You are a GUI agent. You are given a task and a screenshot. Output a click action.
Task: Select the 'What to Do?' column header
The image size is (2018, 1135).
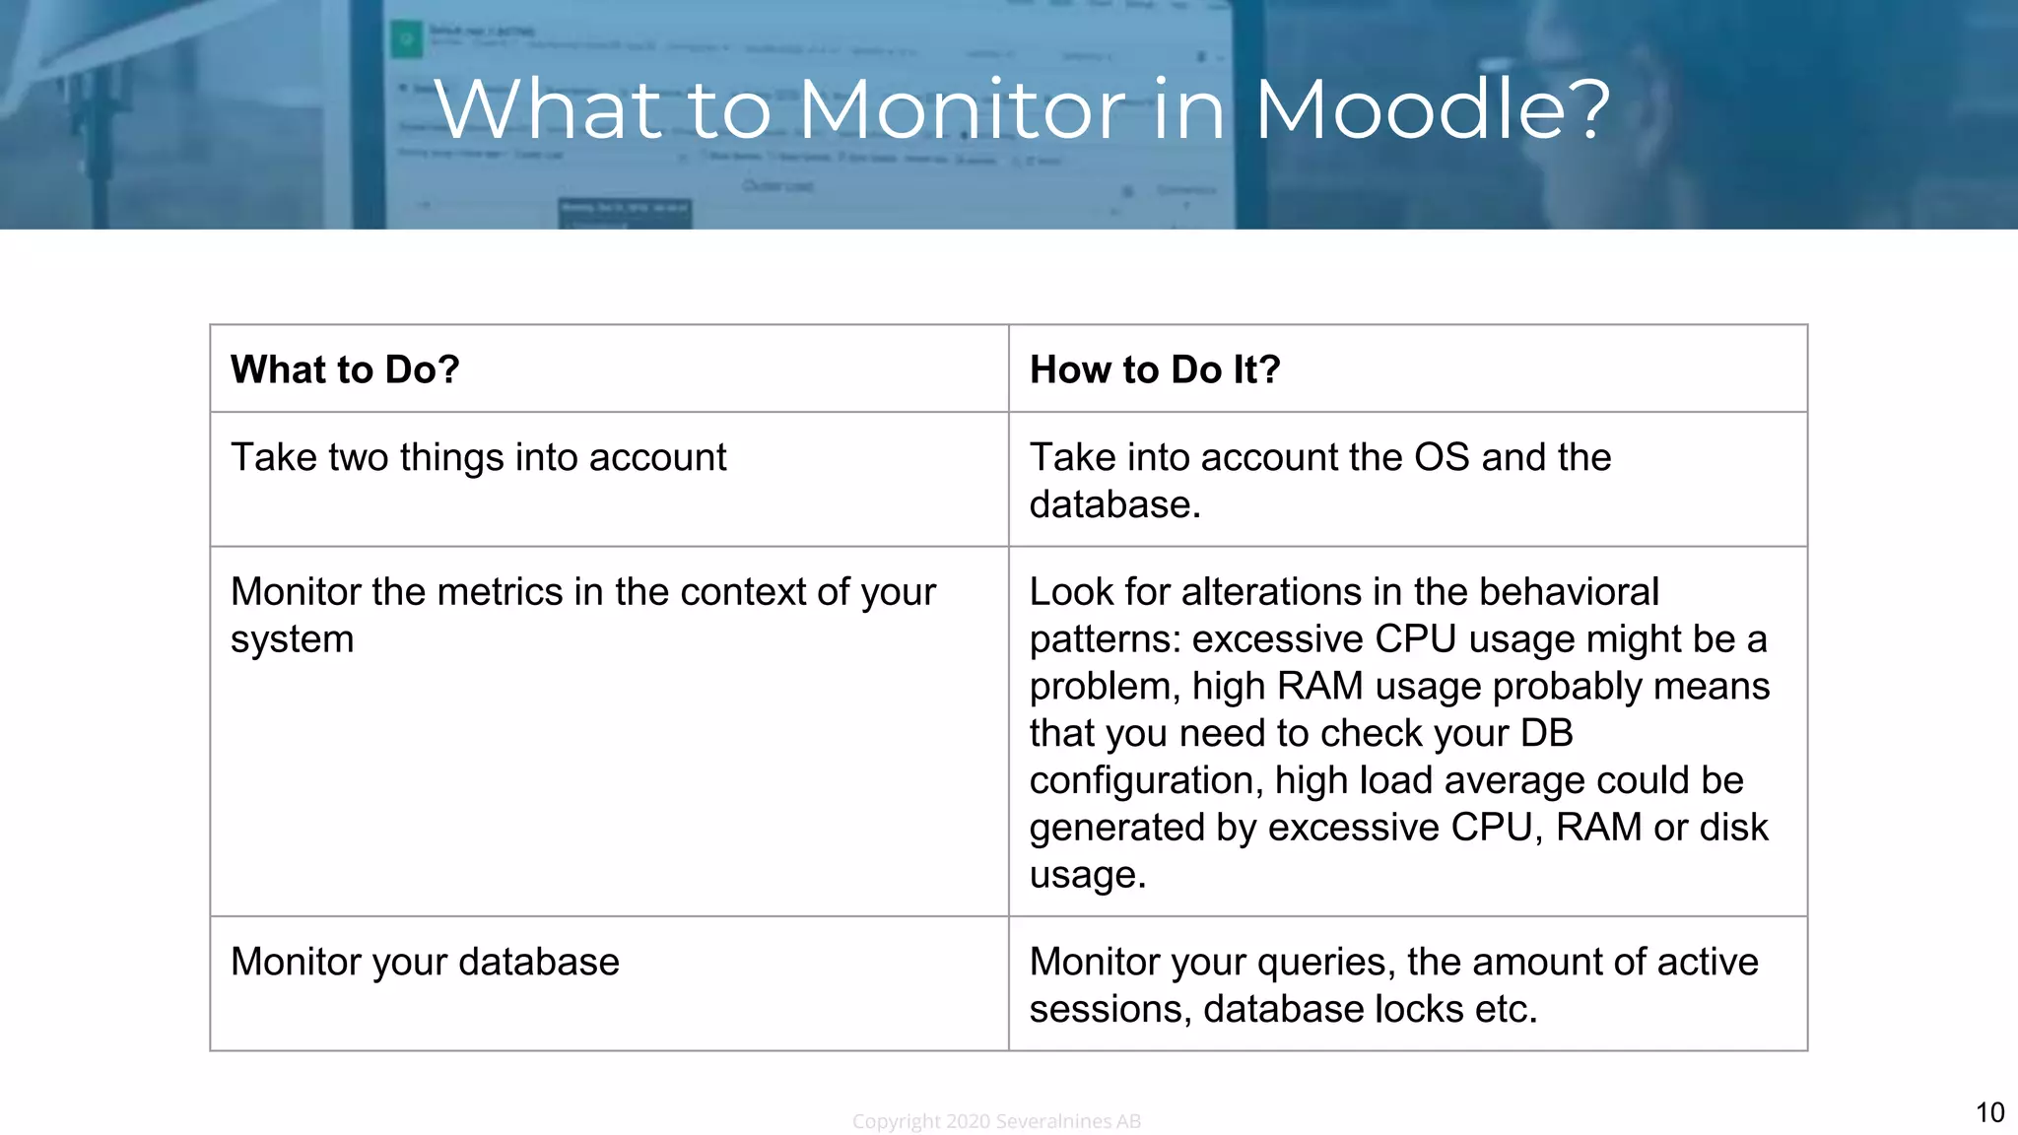[345, 369]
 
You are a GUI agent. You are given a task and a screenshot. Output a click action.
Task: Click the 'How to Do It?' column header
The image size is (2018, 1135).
[1155, 369]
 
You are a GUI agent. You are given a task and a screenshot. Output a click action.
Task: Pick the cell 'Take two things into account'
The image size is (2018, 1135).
[478, 458]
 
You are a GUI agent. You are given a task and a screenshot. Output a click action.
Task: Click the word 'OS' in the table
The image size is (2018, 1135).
[1441, 458]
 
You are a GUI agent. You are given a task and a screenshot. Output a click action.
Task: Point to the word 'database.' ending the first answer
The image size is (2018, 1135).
[1114, 505]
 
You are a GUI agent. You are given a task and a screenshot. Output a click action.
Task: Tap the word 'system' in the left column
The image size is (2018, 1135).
[292, 639]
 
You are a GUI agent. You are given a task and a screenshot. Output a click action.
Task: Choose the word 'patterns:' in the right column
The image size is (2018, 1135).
[1105, 639]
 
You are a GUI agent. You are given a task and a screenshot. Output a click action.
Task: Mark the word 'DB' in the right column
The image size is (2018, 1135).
[1546, 734]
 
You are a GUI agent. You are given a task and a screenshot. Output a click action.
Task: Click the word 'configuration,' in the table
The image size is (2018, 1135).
[1146, 781]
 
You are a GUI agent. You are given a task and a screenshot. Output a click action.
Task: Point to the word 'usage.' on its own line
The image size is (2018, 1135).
[1088, 875]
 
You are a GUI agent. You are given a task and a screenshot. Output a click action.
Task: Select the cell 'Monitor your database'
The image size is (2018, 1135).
[425, 963]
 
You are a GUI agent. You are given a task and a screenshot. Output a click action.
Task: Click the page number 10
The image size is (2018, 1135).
[1989, 1112]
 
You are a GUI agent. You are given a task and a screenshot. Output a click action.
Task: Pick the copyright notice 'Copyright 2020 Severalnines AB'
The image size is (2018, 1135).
[996, 1121]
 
